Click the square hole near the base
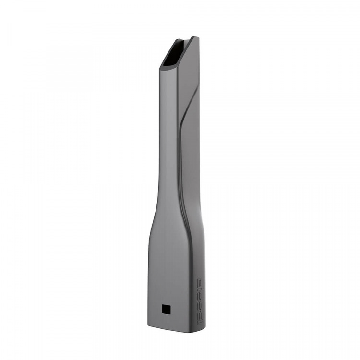(166, 309)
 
